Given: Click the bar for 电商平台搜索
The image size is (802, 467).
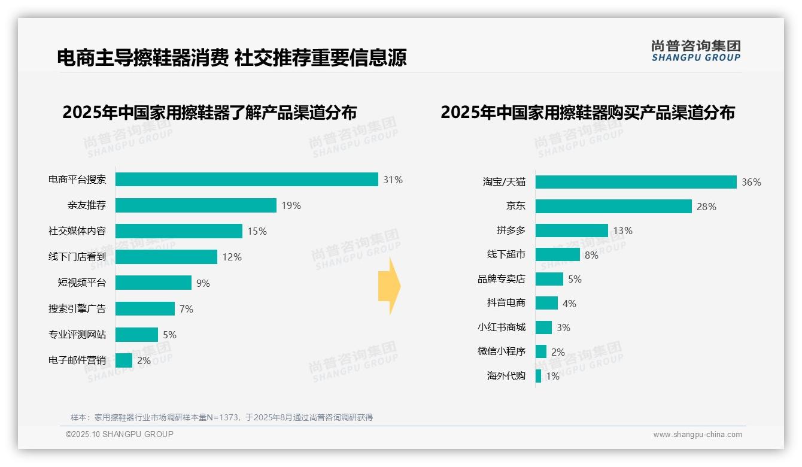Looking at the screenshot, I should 247,180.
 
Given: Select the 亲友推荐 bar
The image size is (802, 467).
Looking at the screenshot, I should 196,205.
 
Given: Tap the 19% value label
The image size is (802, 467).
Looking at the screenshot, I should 291,205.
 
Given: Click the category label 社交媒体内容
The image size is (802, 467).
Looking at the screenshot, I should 77,231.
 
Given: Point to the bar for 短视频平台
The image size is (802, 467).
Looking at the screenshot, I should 153,283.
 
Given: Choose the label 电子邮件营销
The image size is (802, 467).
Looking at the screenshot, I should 77,360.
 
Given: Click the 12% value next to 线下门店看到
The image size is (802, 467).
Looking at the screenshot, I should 232,257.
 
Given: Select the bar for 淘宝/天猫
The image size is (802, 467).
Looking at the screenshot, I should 636,182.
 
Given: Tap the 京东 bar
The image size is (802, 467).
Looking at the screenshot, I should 613,207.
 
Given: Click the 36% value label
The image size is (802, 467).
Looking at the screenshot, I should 751,182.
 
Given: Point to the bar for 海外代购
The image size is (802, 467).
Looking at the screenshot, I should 539,376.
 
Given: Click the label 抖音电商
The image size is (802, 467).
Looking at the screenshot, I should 506,303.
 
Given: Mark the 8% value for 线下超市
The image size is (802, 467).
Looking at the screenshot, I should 591,255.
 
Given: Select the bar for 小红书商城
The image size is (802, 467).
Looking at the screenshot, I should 543,327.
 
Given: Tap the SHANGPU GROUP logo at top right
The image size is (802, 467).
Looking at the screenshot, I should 695,51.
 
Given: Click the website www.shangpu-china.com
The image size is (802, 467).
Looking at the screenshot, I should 697,435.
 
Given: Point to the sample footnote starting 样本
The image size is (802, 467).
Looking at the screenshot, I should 221,417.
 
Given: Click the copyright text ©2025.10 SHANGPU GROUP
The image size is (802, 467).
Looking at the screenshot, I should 120,434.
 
